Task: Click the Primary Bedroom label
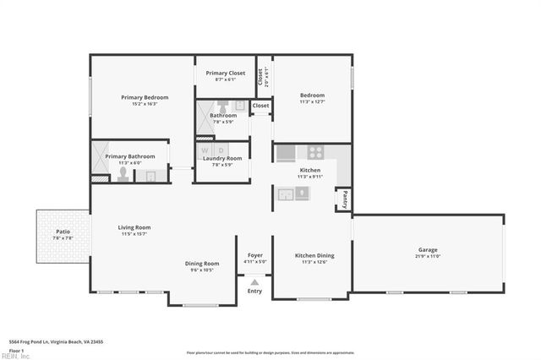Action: tap(145, 97)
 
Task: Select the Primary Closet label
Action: tap(225, 73)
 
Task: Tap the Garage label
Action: tap(428, 249)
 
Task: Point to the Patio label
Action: tap(63, 231)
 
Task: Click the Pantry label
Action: tap(345, 199)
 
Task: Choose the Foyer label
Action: tap(254, 255)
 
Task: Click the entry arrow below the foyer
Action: tap(254, 281)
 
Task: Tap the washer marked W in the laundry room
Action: tap(205, 150)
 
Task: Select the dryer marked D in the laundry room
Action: tap(221, 150)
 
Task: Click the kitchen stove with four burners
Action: tap(315, 153)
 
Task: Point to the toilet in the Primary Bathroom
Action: tap(123, 175)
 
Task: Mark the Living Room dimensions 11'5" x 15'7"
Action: tap(134, 234)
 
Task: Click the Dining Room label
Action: tap(202, 263)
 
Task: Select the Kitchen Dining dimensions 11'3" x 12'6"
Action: tap(314, 262)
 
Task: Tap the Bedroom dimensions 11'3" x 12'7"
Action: tap(312, 102)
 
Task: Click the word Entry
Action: tap(254, 292)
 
